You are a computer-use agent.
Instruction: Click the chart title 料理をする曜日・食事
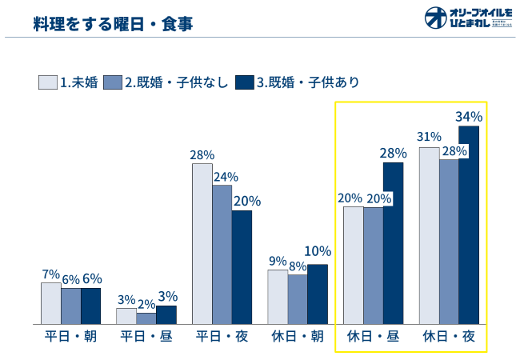[113, 23]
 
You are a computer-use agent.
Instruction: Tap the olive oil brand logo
[468, 18]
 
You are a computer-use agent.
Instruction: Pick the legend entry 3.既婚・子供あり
[297, 82]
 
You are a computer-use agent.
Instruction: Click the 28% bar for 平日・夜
[202, 243]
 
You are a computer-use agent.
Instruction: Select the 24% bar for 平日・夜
[222, 254]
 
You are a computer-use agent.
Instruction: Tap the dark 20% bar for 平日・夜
[242, 266]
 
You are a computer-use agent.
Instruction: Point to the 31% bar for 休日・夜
[429, 235]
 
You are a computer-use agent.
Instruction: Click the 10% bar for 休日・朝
[318, 294]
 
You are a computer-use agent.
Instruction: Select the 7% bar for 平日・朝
[51, 302]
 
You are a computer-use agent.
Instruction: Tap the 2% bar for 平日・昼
[146, 318]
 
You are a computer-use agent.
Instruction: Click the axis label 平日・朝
[70, 337]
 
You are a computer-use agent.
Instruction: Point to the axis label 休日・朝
[298, 337]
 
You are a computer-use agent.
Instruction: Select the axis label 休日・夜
[449, 337]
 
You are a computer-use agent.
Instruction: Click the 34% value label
[469, 117]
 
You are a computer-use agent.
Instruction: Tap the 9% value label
[278, 261]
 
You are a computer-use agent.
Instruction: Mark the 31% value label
[429, 138]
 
